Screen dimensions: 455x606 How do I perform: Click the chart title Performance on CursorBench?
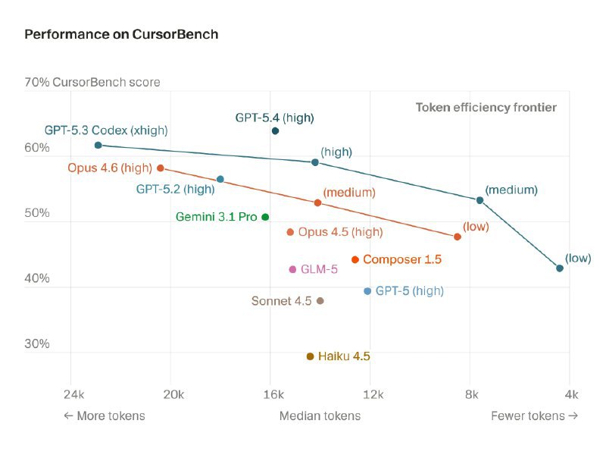pos(121,35)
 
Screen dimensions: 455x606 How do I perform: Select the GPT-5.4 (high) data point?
pos(275,131)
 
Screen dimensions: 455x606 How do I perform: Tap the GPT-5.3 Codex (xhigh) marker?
pos(98,145)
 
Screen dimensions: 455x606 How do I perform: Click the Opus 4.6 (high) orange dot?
pos(160,168)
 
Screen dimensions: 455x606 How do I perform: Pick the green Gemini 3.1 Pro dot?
pos(265,217)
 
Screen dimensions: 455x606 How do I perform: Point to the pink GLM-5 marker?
pos(292,269)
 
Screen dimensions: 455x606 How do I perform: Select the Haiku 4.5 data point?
pos(310,356)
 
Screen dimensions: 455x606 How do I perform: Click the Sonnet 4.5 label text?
pos(281,301)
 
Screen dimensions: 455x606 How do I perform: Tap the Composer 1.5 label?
pos(401,259)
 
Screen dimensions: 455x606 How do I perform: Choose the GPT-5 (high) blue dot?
pos(367,291)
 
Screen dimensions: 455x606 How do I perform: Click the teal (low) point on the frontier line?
pos(560,268)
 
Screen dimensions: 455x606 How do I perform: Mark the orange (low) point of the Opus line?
pos(458,237)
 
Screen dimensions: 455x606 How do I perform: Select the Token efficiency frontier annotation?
pos(486,108)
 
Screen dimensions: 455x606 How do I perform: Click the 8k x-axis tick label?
pos(471,394)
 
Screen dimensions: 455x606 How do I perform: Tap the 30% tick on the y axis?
pos(37,344)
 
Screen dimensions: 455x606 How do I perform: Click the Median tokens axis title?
pos(320,416)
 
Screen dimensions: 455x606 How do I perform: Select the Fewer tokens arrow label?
pos(534,416)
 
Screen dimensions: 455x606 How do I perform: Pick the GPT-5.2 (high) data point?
pos(220,179)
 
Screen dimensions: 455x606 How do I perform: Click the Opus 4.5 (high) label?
pos(340,232)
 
